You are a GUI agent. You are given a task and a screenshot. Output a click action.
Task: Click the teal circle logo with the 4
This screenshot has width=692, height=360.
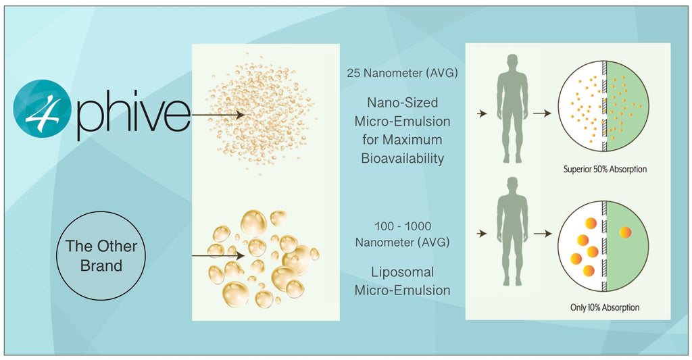42,108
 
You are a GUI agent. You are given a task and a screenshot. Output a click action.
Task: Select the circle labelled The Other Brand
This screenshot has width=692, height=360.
101,256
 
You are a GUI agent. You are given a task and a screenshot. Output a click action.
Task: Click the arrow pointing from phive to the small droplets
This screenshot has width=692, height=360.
218,115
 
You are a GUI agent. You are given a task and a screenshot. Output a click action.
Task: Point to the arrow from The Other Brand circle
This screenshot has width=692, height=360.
218,255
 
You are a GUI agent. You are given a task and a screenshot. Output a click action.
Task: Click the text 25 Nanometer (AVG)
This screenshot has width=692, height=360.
402,73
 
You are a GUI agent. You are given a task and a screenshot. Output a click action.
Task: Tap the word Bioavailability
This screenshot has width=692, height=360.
403,158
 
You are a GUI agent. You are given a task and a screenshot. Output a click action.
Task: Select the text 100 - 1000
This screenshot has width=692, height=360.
403,226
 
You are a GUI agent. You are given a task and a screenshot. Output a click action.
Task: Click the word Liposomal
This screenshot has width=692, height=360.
403,272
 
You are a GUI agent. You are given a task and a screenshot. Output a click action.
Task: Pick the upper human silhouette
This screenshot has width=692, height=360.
512,109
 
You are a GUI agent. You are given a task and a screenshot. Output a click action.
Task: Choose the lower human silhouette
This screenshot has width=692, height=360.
512,231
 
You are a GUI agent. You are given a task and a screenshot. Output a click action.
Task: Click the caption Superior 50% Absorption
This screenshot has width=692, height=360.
605,170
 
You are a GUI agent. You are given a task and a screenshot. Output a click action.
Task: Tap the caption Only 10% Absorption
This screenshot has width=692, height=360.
605,307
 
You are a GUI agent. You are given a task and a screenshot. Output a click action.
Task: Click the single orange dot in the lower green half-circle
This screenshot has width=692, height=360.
625,232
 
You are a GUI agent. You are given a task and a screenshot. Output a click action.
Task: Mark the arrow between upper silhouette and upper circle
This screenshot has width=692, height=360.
543,113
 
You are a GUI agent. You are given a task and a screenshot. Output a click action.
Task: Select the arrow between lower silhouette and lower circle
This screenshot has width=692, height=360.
543,234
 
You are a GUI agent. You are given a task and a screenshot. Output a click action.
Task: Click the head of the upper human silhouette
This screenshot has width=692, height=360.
512,61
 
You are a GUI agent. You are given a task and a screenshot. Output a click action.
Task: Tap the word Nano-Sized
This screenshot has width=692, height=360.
403,103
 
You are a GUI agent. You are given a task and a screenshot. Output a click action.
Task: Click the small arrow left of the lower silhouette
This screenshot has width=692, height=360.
482,234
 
